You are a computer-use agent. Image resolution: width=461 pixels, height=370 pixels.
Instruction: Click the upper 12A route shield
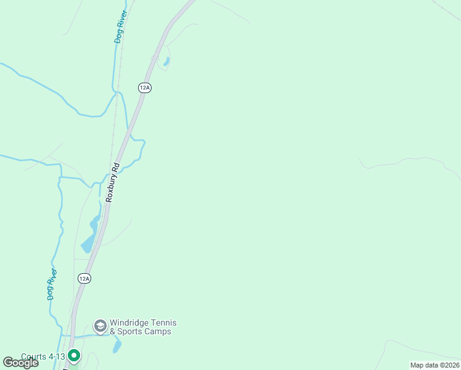145,88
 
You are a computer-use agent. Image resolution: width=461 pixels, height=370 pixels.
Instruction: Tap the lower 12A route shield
85,279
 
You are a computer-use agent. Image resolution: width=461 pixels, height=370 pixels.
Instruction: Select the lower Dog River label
52,284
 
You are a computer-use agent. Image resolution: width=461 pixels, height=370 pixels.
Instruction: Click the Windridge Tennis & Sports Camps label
142,327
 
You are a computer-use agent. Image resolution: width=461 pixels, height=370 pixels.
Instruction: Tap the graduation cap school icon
100,326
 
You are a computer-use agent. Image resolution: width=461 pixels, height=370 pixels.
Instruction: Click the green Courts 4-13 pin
74,355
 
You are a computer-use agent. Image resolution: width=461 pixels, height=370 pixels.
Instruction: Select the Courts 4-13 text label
43,356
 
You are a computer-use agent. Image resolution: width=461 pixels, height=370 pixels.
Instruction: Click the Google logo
20,363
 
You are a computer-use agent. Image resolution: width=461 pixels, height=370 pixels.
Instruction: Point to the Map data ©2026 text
434,365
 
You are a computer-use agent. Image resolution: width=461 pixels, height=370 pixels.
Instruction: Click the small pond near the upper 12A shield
166,62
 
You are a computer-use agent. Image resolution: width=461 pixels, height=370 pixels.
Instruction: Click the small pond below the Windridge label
117,347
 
